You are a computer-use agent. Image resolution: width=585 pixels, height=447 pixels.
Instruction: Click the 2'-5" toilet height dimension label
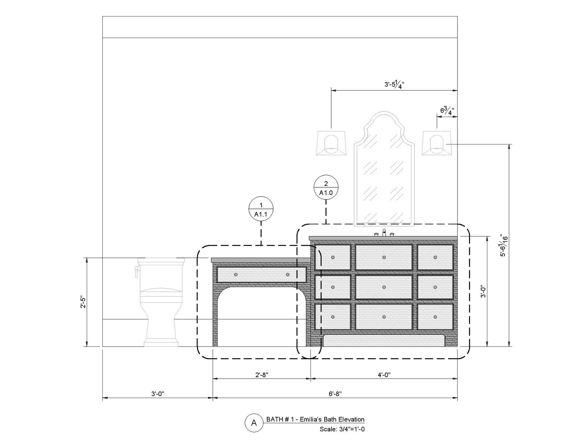pos(83,302)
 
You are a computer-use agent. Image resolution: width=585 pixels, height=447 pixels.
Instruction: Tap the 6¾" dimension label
pos(447,110)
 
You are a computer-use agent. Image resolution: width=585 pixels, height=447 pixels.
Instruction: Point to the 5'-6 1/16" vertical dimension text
pos(504,245)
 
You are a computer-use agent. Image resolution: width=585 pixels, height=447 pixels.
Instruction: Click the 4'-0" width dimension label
pos(384,375)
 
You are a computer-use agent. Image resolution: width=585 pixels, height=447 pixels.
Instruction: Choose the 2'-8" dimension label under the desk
pos(262,375)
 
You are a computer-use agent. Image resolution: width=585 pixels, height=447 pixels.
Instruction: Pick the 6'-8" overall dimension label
pos(335,394)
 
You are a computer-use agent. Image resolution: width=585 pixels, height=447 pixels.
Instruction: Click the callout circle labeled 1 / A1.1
pos(261,209)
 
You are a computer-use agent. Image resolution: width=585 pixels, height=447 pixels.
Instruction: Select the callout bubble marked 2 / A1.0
pos(326,187)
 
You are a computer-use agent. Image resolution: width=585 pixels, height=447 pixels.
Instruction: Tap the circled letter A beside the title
pos(253,422)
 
